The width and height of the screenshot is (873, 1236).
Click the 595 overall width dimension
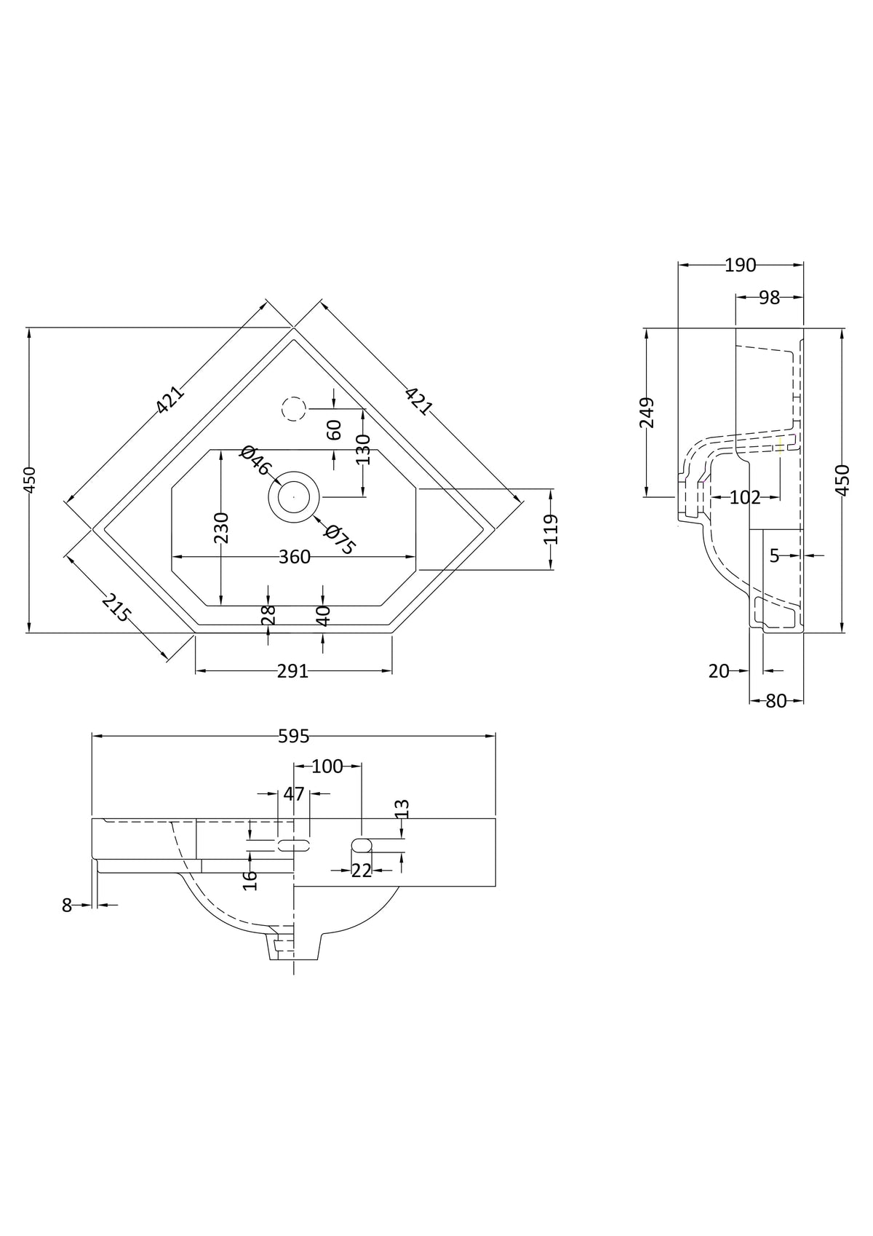(x=293, y=736)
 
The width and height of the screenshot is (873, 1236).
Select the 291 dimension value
(x=293, y=671)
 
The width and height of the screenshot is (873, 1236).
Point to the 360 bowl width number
(x=295, y=557)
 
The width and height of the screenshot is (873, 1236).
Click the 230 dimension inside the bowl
(x=221, y=528)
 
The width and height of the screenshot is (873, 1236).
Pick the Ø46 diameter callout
(x=256, y=461)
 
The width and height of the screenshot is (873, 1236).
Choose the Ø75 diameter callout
(x=340, y=539)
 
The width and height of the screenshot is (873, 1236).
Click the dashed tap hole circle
(x=293, y=409)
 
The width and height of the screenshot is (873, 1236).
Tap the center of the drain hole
(x=293, y=496)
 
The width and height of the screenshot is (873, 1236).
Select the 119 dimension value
(x=551, y=529)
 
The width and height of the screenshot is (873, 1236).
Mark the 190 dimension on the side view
(x=740, y=266)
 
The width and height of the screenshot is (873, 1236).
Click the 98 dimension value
(x=769, y=298)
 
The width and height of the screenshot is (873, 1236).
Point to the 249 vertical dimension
(x=646, y=413)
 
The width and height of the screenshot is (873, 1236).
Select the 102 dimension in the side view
(x=745, y=498)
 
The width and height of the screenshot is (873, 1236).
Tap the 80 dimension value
(x=776, y=701)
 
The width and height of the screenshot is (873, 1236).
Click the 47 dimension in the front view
(x=294, y=794)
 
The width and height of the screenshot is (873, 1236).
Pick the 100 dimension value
(x=327, y=766)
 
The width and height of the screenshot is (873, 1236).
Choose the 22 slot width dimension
(x=362, y=871)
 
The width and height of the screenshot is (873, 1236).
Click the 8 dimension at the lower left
(x=67, y=906)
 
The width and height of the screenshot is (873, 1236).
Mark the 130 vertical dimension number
(x=364, y=449)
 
